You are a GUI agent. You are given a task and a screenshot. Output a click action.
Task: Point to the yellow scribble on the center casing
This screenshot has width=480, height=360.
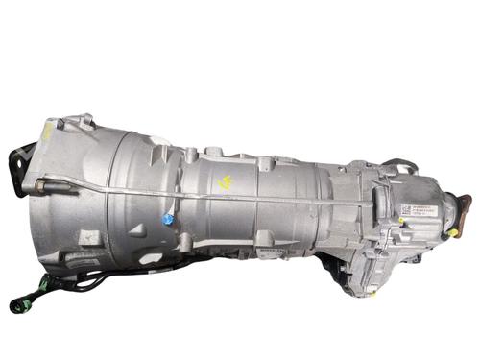[227, 182]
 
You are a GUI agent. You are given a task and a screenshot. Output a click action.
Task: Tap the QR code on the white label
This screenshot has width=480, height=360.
[404, 209]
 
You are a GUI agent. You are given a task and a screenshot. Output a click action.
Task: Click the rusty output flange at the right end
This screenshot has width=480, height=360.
[464, 204]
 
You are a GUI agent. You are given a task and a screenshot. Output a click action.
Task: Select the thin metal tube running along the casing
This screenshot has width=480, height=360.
[240, 199]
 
